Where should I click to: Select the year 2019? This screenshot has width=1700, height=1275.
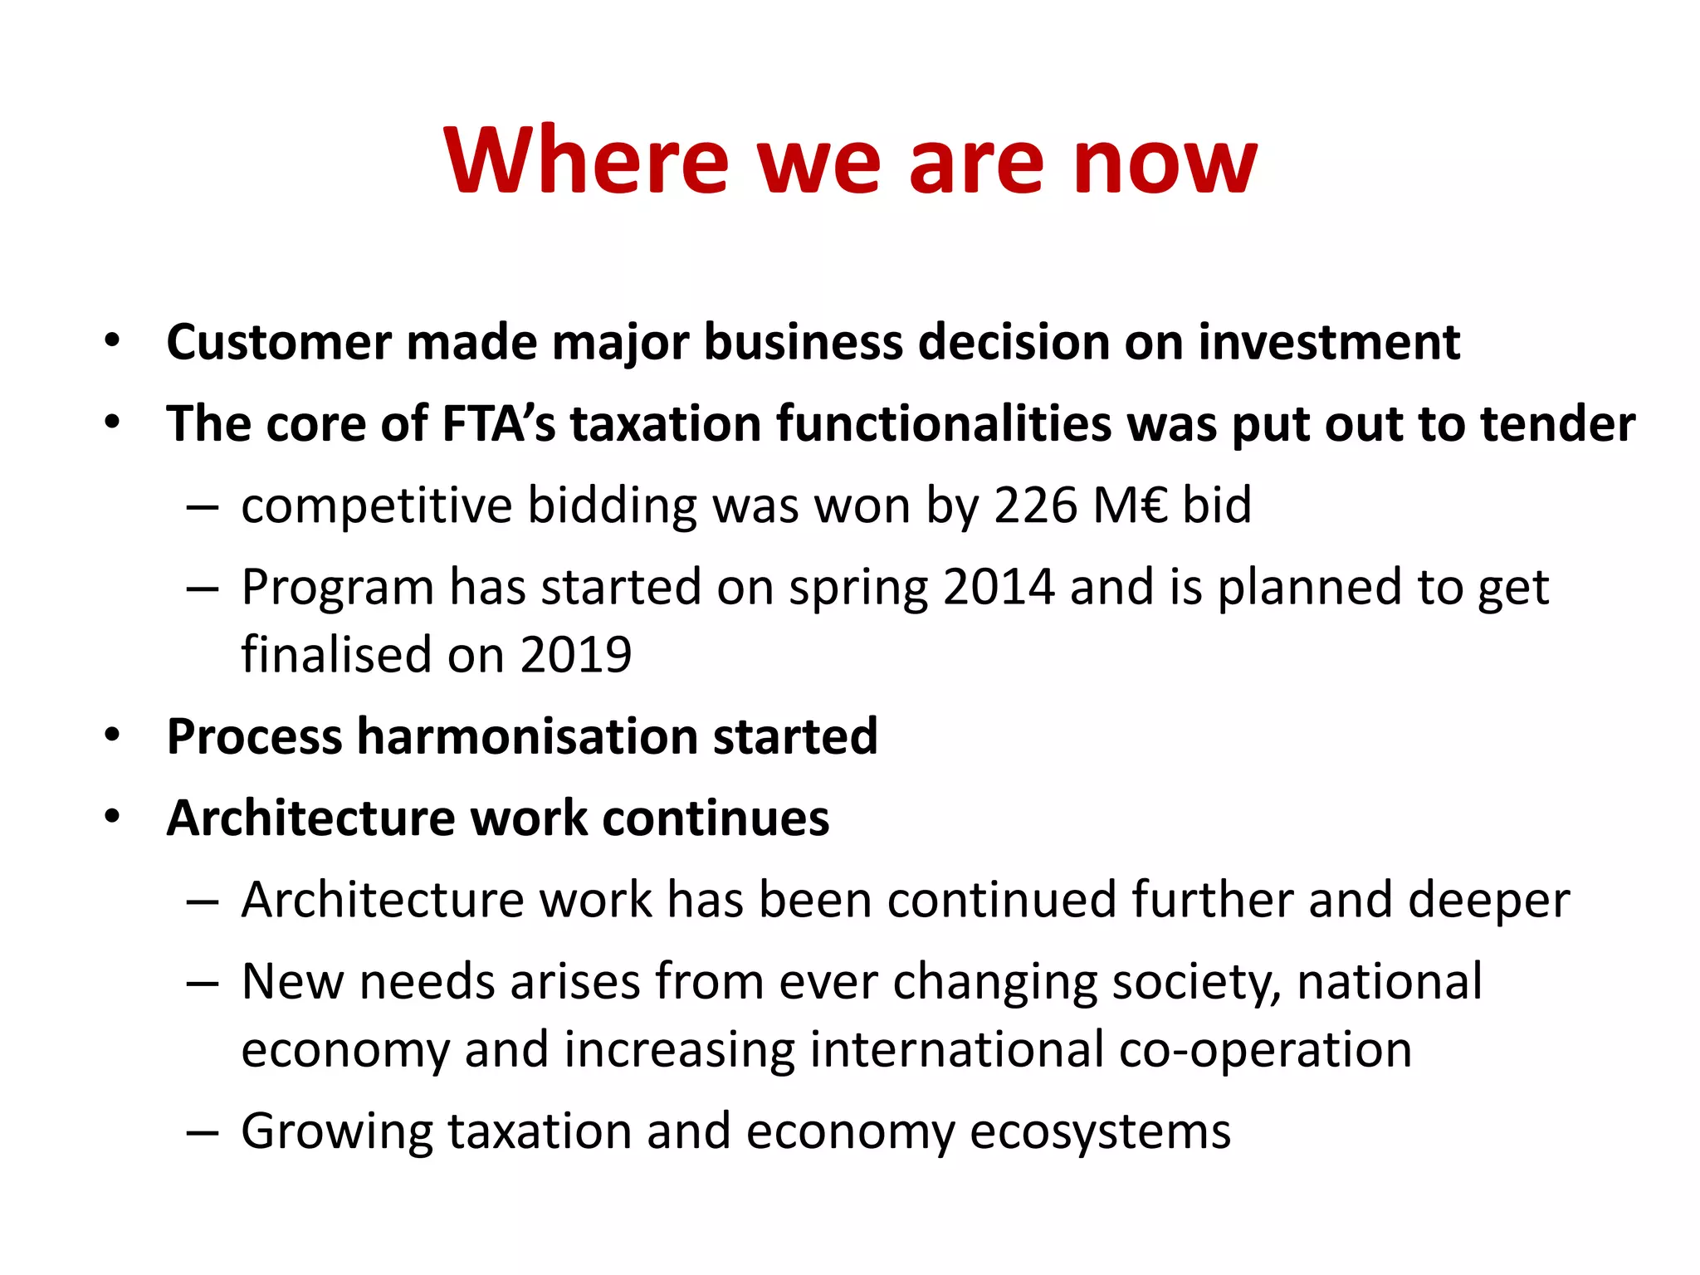coord(576,654)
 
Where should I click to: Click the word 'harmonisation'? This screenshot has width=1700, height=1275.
coord(527,736)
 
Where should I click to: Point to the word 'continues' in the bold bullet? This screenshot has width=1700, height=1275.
coord(716,818)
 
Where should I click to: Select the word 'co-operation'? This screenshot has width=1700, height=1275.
coord(1265,1049)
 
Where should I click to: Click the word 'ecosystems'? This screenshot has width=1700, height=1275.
coord(1100,1131)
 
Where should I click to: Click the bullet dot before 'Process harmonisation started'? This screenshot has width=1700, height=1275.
coord(113,735)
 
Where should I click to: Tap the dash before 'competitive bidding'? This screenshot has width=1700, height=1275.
coord(203,506)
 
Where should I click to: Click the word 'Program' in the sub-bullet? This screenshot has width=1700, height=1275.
coord(337,589)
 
